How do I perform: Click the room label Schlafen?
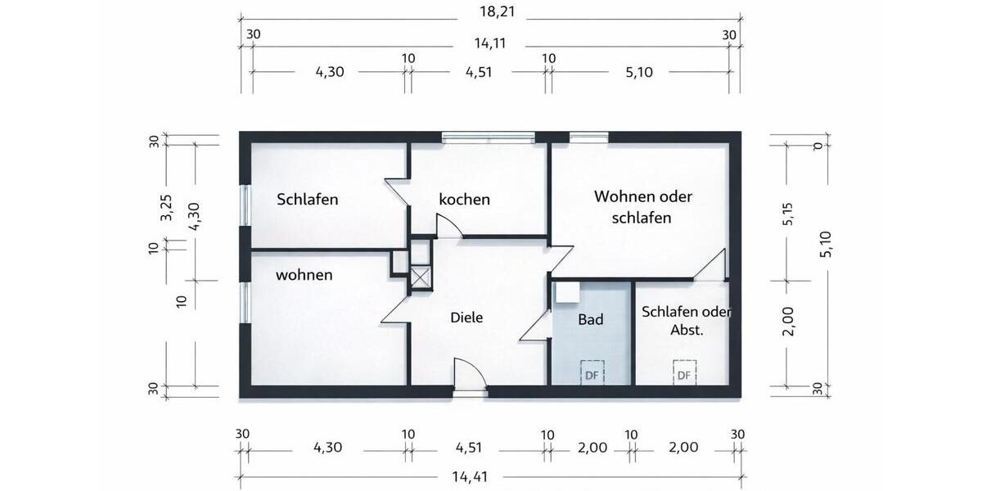(307, 199)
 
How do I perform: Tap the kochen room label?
(464, 199)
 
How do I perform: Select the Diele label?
(466, 318)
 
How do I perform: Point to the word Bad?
(590, 319)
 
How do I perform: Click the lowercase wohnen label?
(304, 275)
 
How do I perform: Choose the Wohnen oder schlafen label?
(643, 207)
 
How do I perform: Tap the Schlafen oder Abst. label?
(686, 321)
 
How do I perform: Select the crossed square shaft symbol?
(420, 276)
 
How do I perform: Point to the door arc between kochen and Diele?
(448, 226)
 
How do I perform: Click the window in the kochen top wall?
(488, 137)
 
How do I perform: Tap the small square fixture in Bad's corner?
(565, 292)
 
